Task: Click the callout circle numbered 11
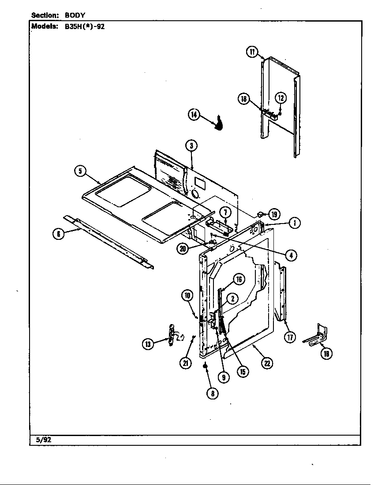click(x=252, y=52)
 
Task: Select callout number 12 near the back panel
click(x=281, y=98)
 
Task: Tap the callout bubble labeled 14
click(x=194, y=115)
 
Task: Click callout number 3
click(x=191, y=145)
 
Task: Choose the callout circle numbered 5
click(x=80, y=172)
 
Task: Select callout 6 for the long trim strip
click(x=58, y=234)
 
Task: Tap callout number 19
click(x=274, y=215)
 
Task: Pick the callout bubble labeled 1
click(x=295, y=223)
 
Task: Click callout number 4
click(x=290, y=254)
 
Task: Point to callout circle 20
click(x=182, y=249)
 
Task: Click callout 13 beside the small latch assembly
click(x=147, y=344)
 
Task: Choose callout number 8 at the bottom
click(x=212, y=394)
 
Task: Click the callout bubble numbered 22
click(x=267, y=363)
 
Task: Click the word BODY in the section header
click(x=75, y=15)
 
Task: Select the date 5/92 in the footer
click(x=42, y=440)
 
